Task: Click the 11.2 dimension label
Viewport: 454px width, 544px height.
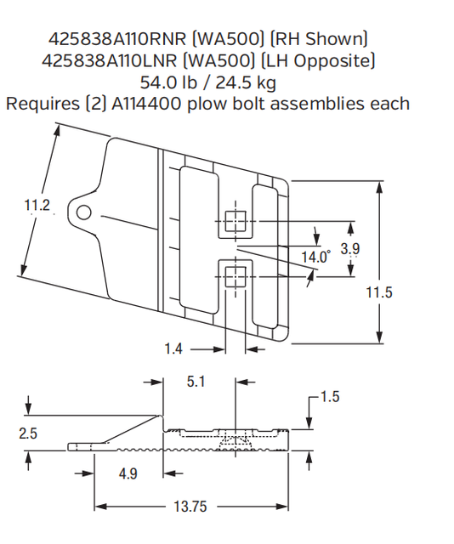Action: point(38,205)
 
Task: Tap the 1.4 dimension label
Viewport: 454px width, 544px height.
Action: point(174,348)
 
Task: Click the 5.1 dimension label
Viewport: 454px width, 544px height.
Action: point(196,382)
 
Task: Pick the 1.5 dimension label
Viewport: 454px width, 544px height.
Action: point(331,397)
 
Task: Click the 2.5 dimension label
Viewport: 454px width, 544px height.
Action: point(28,433)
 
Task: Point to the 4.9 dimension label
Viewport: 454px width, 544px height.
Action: point(128,473)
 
